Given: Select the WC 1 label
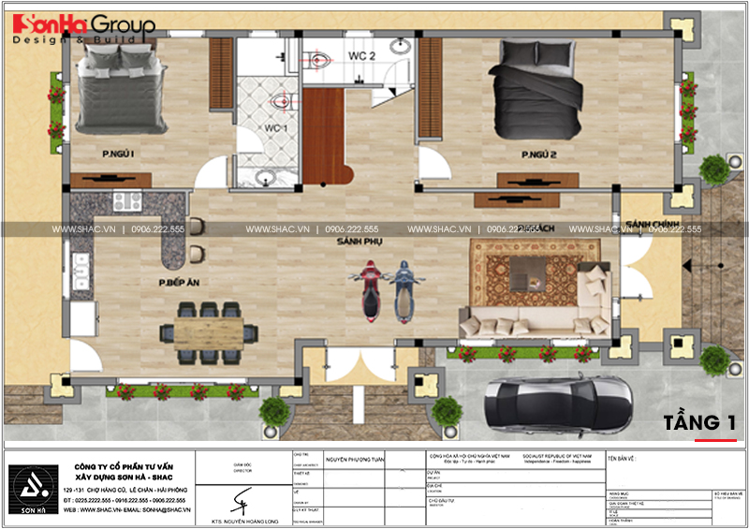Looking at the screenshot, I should click(273, 127).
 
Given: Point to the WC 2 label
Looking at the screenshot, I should click(362, 56).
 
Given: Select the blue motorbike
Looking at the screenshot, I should click(403, 292).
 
